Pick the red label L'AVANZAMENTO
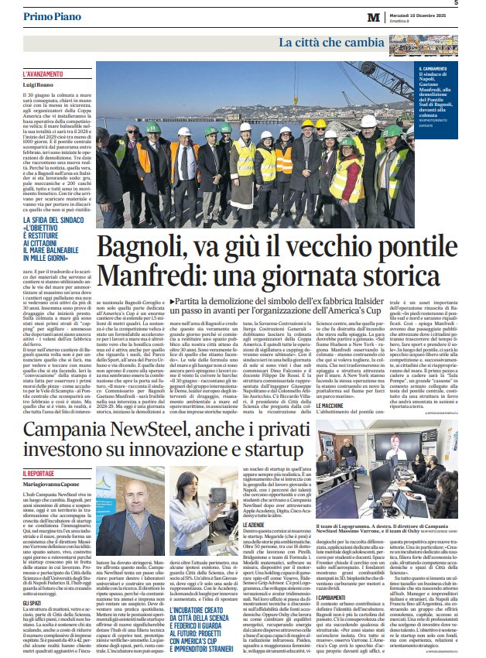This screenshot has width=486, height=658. (x=43, y=74)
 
